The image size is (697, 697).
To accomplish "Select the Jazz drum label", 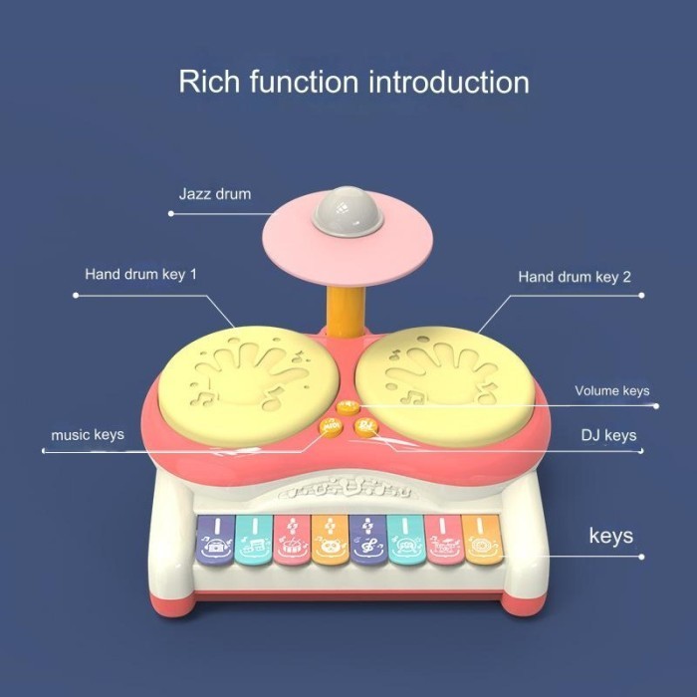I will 214,193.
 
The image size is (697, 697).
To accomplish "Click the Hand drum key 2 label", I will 575,276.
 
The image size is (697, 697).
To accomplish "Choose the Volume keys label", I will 611,390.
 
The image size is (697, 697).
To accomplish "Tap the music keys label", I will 88,435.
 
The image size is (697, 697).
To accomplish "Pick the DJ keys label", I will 608,435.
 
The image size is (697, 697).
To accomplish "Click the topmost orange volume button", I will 348,406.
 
